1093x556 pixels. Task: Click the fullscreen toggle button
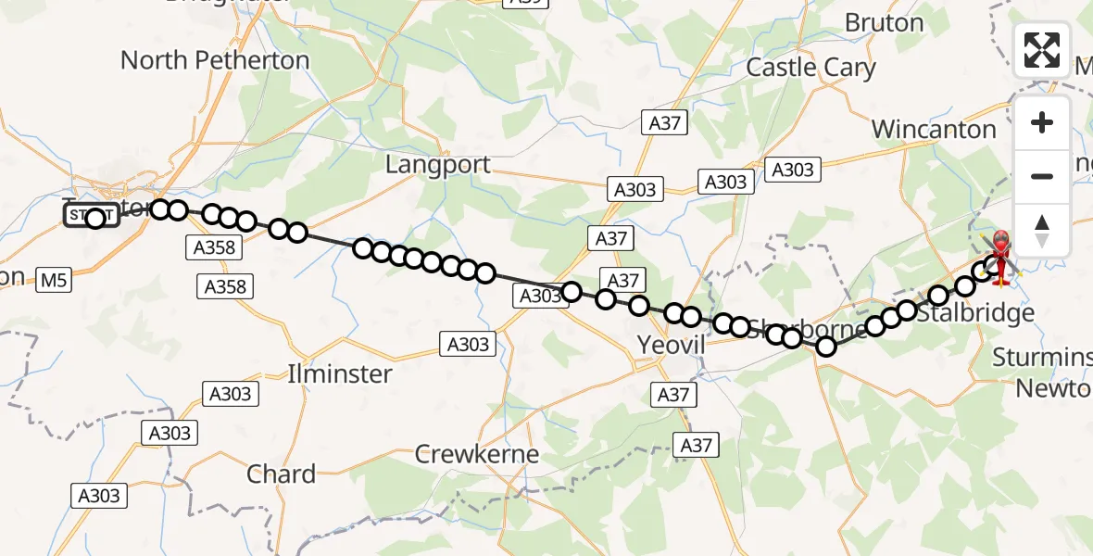[x=1042, y=49]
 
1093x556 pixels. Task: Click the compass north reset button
[x=1042, y=231]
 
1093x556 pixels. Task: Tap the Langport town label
[x=438, y=165]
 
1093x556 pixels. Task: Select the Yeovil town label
[x=672, y=346]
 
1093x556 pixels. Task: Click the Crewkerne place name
[x=476, y=454]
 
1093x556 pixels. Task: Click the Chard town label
[x=281, y=474]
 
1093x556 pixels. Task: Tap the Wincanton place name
[x=934, y=129]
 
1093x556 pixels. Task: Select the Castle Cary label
[x=810, y=67]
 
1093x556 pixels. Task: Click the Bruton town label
[x=885, y=22]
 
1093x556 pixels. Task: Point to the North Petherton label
[x=215, y=60]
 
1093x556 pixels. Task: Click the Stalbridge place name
[x=974, y=313]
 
